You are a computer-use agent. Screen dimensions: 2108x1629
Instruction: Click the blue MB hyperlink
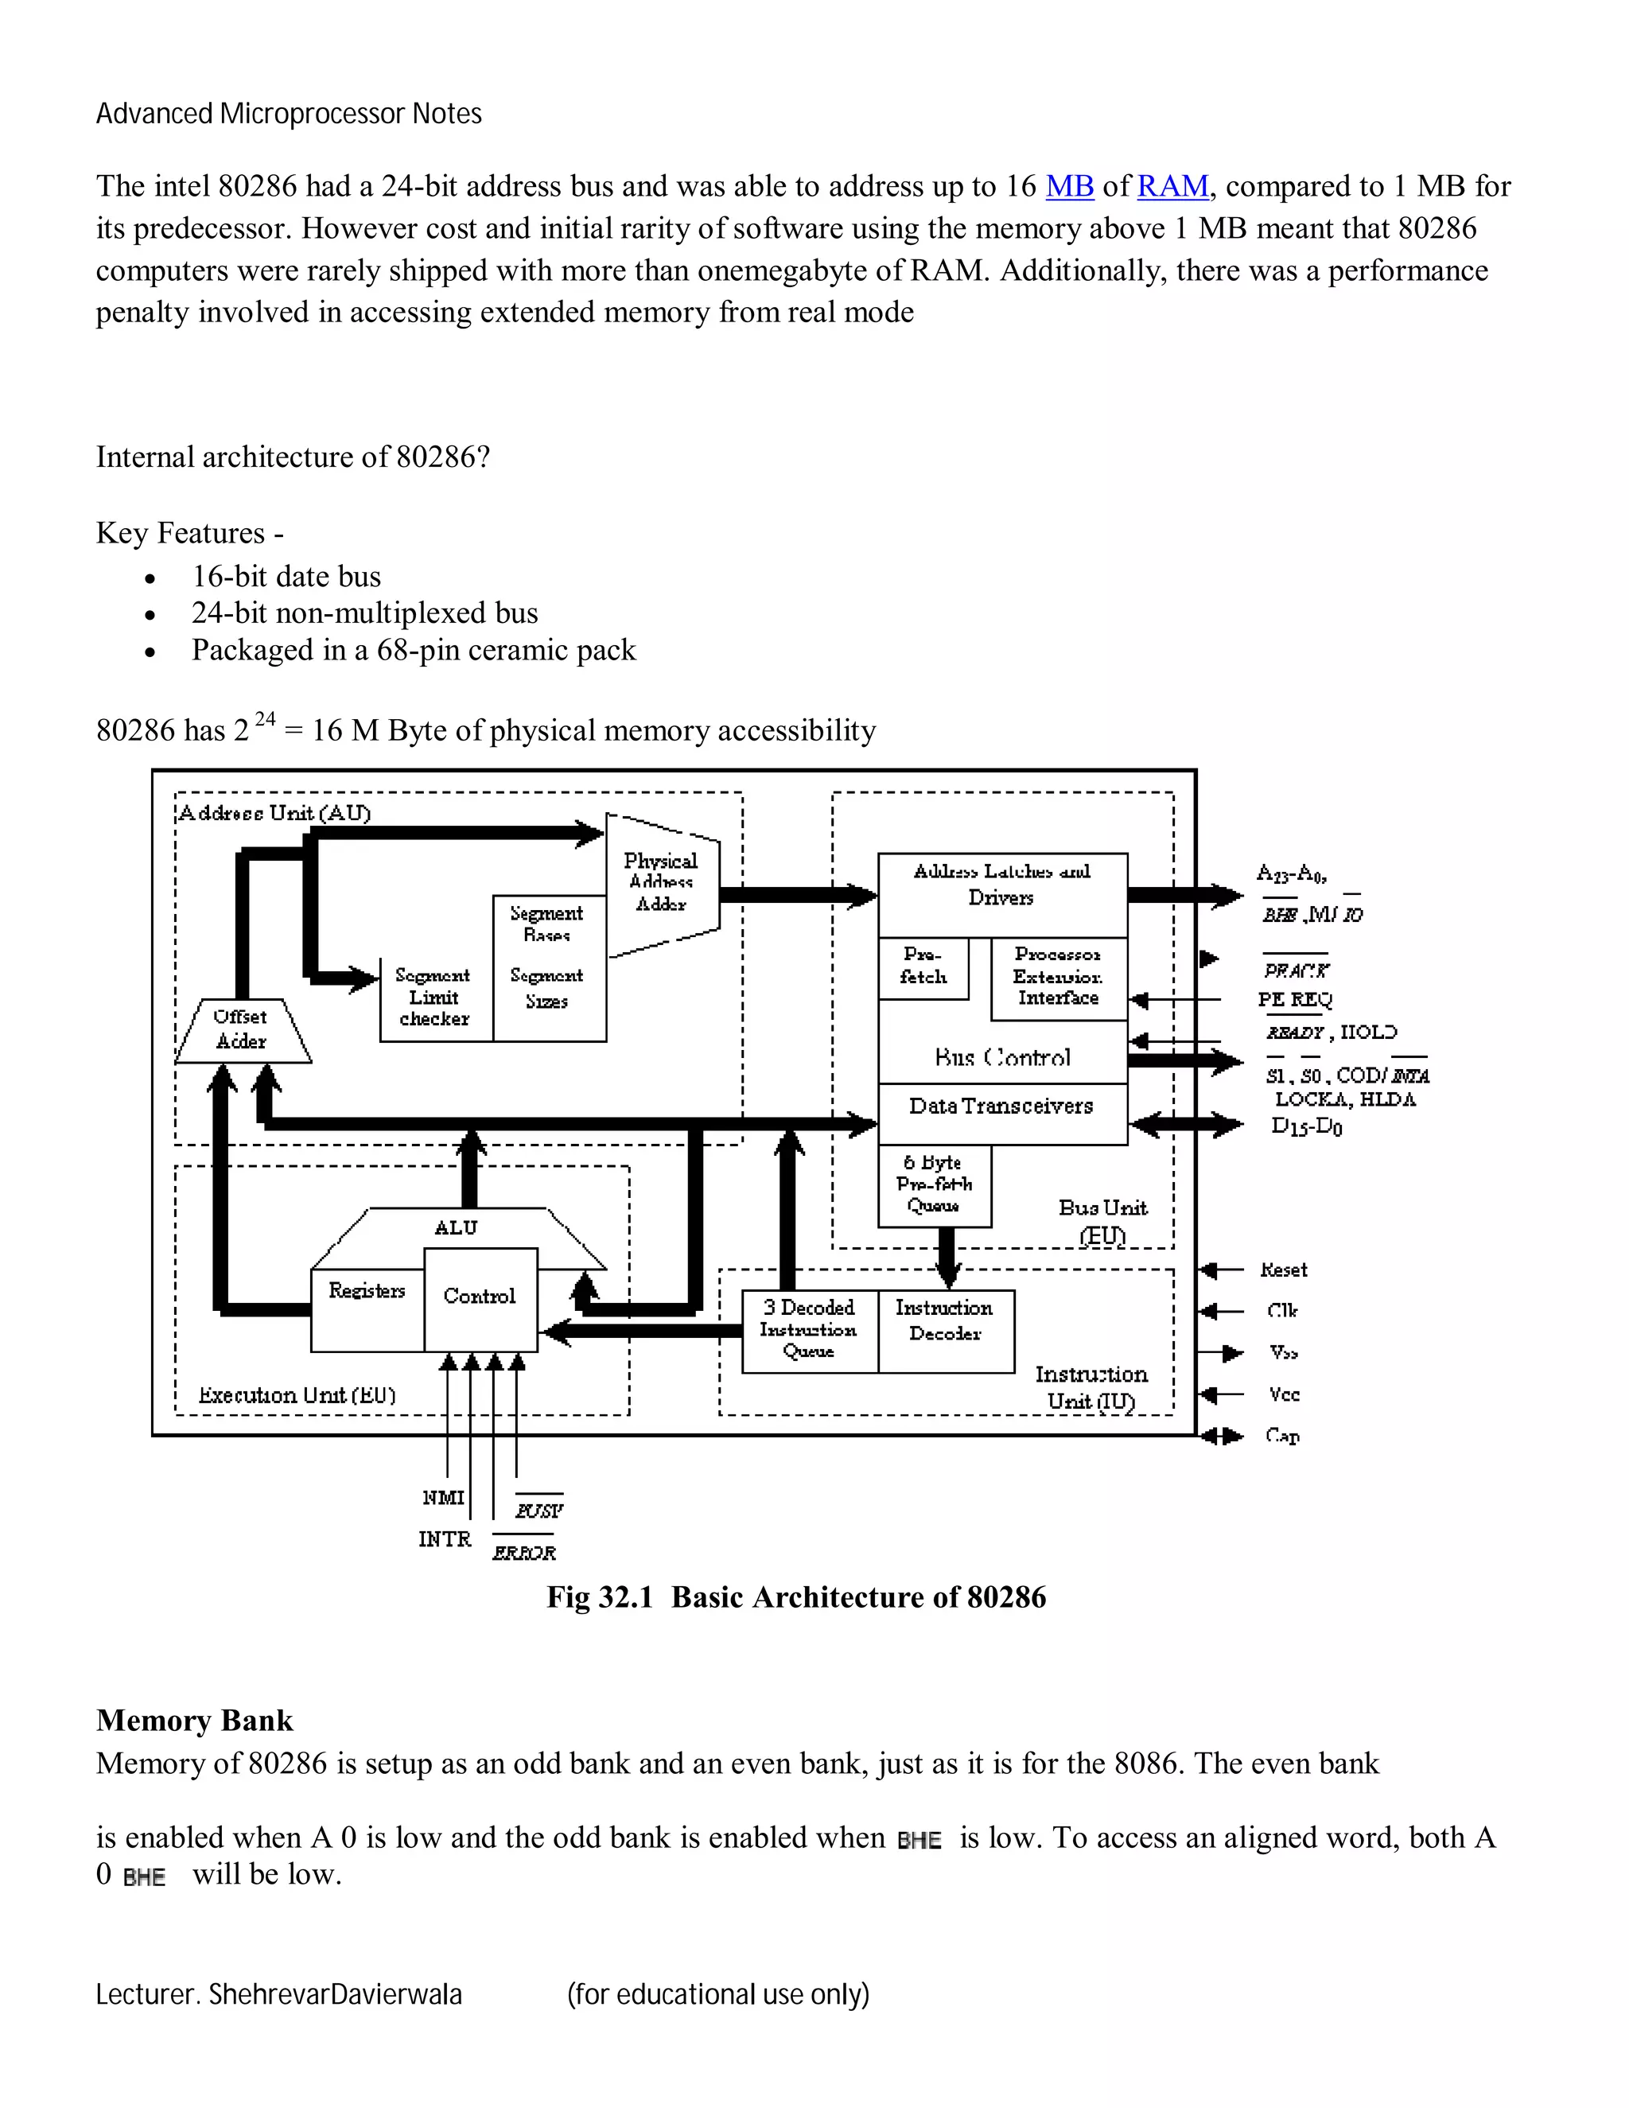[x=1069, y=186]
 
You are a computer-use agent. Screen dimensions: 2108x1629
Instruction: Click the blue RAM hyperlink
[x=1172, y=186]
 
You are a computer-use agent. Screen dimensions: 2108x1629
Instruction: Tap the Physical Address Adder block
[x=662, y=883]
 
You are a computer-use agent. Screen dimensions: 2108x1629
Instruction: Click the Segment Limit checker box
[x=434, y=998]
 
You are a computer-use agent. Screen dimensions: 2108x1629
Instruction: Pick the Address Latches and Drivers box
[x=1001, y=886]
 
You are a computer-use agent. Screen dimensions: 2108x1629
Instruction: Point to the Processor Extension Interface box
[x=1058, y=977]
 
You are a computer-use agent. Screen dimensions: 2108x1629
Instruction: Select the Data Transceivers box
[x=1001, y=1108]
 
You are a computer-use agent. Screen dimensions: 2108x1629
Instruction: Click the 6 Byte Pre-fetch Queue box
[x=933, y=1185]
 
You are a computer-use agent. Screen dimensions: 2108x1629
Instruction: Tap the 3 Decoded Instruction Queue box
[x=809, y=1330]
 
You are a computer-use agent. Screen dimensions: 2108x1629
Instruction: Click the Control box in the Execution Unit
[x=480, y=1297]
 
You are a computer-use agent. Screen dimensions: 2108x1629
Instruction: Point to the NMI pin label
[x=443, y=1498]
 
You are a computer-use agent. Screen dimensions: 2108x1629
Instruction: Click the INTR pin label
[x=445, y=1539]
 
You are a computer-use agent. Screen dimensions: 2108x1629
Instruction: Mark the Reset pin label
[x=1284, y=1270]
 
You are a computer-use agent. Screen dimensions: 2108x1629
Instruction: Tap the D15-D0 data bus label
[x=1307, y=1126]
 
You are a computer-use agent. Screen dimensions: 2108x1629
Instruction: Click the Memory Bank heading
[x=194, y=1720]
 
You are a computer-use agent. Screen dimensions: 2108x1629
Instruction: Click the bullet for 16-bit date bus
[x=150, y=579]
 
